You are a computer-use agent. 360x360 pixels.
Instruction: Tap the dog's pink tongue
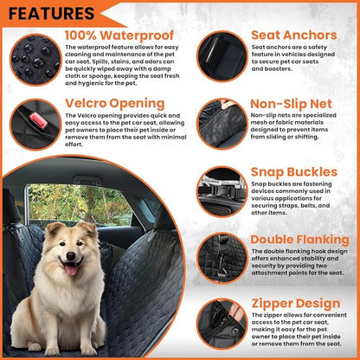(68, 269)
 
